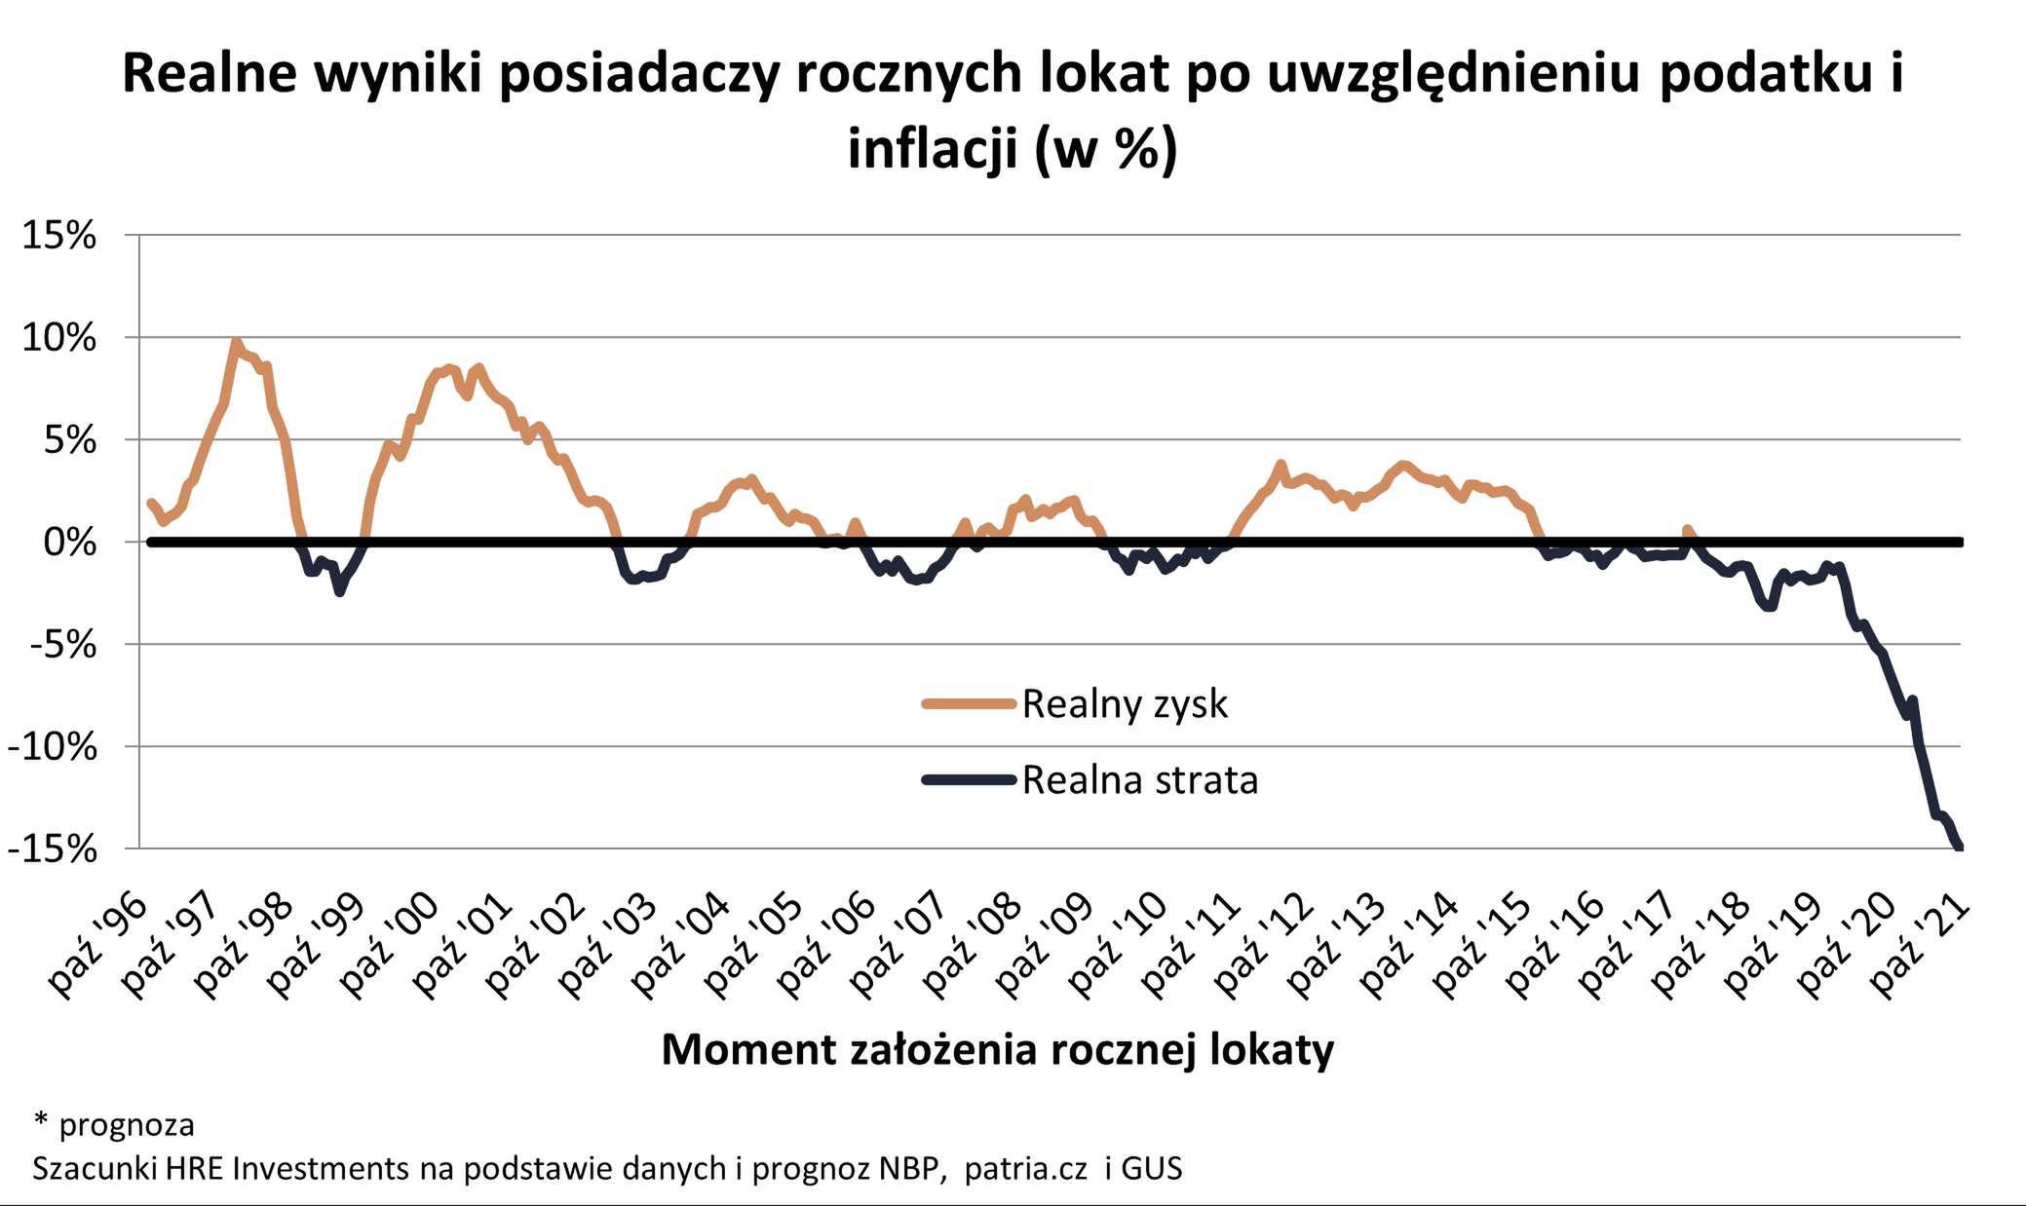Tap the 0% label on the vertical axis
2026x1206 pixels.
pos(69,543)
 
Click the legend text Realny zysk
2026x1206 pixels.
pos(1124,703)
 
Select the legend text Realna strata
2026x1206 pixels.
pos(1139,780)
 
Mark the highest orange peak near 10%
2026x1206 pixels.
pos(235,342)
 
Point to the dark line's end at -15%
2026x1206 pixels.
pos(1958,846)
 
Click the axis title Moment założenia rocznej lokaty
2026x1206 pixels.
pos(997,1050)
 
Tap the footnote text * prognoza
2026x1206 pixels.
pos(114,1124)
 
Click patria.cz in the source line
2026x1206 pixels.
pos(1024,1168)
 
